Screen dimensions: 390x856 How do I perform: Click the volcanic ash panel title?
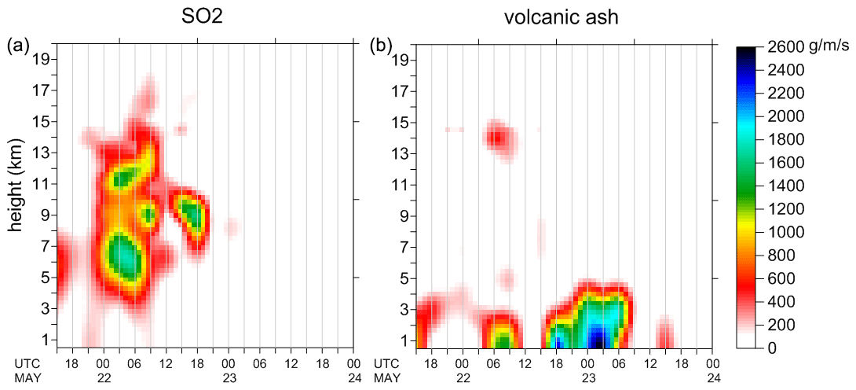[x=563, y=17]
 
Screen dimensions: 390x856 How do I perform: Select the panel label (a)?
[x=18, y=46]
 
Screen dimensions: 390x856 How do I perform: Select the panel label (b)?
[x=382, y=46]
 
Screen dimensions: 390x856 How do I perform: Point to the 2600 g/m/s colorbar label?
[x=793, y=47]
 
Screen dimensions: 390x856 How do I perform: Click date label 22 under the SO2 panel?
[x=102, y=379]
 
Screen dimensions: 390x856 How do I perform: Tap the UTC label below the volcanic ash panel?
[x=386, y=364]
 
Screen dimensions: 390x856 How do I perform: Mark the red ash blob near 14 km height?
[x=497, y=138]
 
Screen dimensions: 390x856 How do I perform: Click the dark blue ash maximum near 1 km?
[x=598, y=340]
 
